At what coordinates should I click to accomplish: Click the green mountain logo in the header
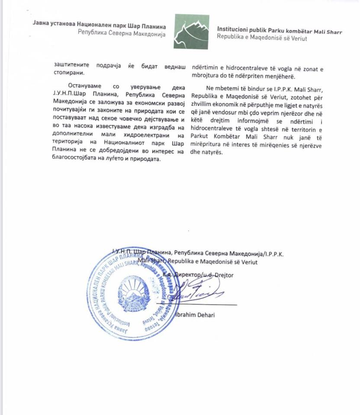[x=192, y=32]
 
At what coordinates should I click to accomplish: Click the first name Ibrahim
[x=185, y=315]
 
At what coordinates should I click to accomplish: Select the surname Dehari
[x=206, y=315]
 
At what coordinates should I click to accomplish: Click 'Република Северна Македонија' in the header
[x=122, y=34]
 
